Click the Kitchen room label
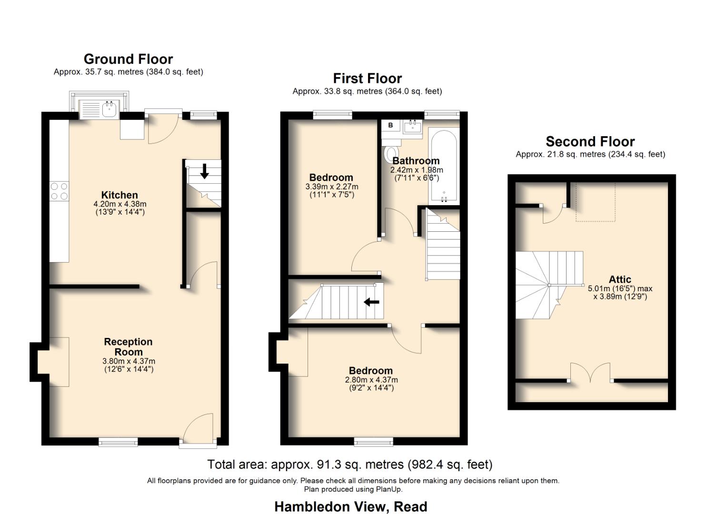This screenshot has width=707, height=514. tap(119, 195)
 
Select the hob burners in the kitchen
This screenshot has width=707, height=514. tap(59, 191)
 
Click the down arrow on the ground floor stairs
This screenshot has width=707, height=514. tap(204, 171)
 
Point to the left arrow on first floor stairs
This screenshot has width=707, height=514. tap(371, 302)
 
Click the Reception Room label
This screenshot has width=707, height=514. tap(128, 347)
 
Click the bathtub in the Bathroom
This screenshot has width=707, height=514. tap(444, 167)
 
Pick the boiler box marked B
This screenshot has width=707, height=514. tap(391, 125)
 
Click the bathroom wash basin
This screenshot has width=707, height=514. tap(412, 127)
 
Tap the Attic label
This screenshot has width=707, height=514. tap(620, 280)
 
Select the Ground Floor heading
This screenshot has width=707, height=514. tap(128, 59)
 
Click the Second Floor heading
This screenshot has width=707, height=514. tap(590, 142)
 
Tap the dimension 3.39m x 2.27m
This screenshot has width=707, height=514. tap(331, 187)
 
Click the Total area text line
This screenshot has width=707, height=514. tap(349, 464)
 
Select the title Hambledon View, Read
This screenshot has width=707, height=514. tap(350, 506)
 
